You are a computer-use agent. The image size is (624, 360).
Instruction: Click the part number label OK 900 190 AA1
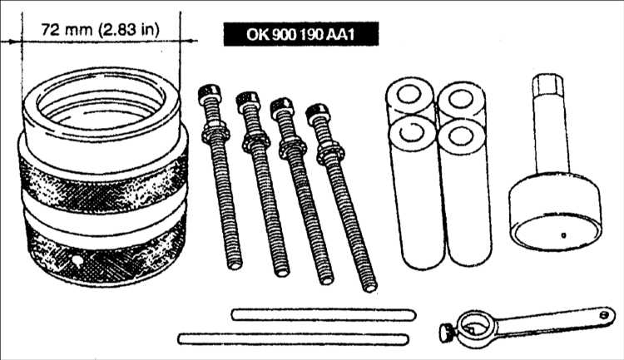301,34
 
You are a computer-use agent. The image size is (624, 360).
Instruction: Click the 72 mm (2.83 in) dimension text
101,29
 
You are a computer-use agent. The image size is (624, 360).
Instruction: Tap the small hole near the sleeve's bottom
77,260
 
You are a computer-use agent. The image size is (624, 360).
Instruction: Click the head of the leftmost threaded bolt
209,94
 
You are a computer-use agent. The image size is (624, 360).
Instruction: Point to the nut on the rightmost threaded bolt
330,154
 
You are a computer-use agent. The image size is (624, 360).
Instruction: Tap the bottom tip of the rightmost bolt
369,287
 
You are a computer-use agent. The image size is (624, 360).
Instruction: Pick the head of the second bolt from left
248,101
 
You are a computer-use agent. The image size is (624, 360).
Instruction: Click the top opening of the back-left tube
409,95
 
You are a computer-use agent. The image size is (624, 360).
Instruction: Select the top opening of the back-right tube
460,98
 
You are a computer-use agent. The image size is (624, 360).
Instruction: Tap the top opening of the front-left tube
412,132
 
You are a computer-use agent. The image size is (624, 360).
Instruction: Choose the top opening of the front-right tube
460,136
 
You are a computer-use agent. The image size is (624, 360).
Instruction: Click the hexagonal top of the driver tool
548,85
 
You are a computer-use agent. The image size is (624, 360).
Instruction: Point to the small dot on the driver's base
563,235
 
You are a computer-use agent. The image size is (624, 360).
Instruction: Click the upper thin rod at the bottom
324,314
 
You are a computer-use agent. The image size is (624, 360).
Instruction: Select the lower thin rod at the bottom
293,339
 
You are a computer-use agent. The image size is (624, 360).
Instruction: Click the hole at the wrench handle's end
605,314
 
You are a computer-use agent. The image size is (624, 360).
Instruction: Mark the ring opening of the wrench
477,328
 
